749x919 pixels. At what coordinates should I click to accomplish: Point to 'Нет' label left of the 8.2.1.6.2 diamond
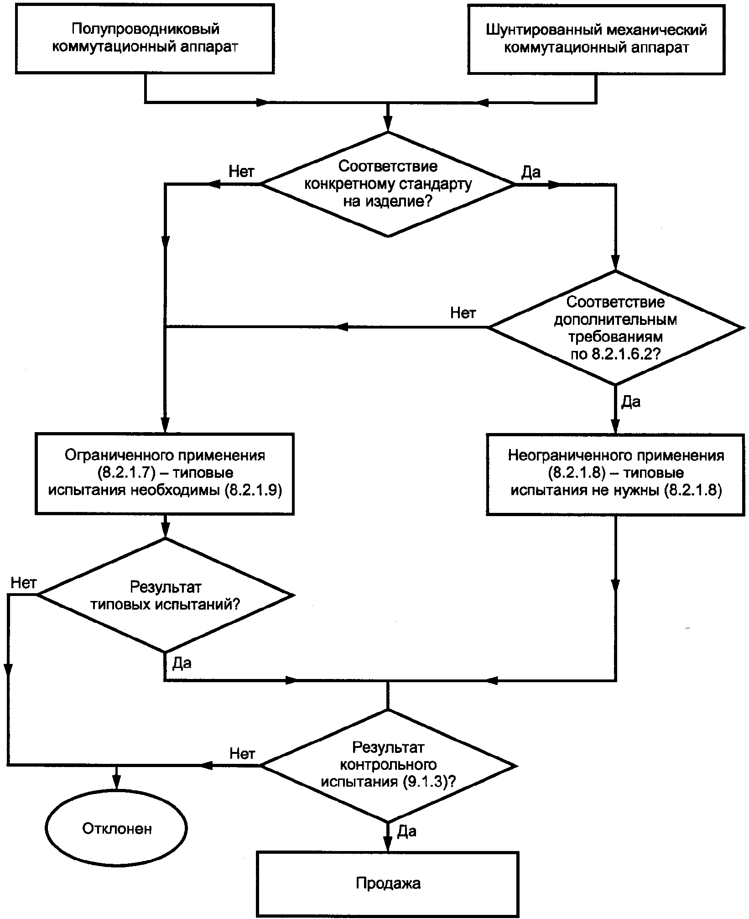463,313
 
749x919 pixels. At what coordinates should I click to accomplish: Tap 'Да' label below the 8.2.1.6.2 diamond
631,402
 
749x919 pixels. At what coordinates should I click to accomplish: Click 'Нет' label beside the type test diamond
24,583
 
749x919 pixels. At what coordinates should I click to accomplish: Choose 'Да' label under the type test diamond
182,663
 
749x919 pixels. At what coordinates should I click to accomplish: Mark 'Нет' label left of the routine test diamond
242,753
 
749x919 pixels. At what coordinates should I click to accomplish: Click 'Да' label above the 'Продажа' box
406,831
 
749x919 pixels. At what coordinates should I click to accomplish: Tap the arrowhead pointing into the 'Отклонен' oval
117,783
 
